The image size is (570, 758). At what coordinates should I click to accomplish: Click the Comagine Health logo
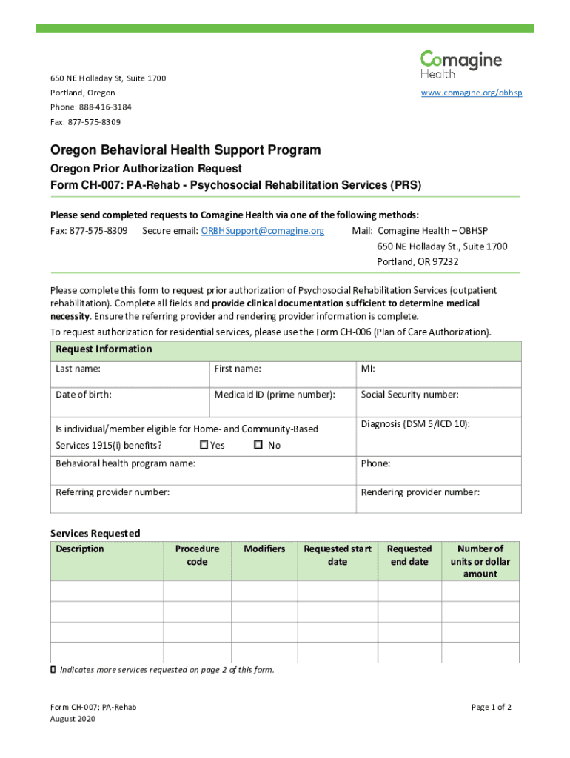click(x=460, y=64)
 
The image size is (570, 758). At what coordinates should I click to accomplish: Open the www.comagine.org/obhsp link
click(x=472, y=93)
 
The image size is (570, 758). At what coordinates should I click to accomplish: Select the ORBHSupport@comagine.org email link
click(x=263, y=231)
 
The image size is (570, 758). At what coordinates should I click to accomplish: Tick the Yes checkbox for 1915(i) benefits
click(x=204, y=445)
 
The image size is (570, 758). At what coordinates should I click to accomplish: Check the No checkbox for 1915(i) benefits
click(x=258, y=445)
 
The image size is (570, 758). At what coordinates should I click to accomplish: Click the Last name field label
click(x=78, y=369)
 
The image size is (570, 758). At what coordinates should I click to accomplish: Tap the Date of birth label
click(x=84, y=395)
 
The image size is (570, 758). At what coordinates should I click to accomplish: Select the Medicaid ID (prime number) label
click(x=275, y=395)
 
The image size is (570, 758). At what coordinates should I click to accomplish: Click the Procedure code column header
click(x=197, y=555)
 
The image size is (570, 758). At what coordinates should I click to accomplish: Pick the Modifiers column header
click(x=264, y=549)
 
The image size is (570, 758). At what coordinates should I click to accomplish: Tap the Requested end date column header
click(x=409, y=555)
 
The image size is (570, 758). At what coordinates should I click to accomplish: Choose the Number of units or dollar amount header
click(x=480, y=561)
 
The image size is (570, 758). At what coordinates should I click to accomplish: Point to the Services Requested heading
click(x=95, y=533)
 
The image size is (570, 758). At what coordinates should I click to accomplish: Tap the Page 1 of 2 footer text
click(x=492, y=707)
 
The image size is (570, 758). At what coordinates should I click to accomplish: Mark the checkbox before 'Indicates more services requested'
click(x=53, y=670)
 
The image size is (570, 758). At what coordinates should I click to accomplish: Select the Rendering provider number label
click(x=420, y=492)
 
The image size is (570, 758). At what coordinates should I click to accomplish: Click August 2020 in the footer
click(x=72, y=719)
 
